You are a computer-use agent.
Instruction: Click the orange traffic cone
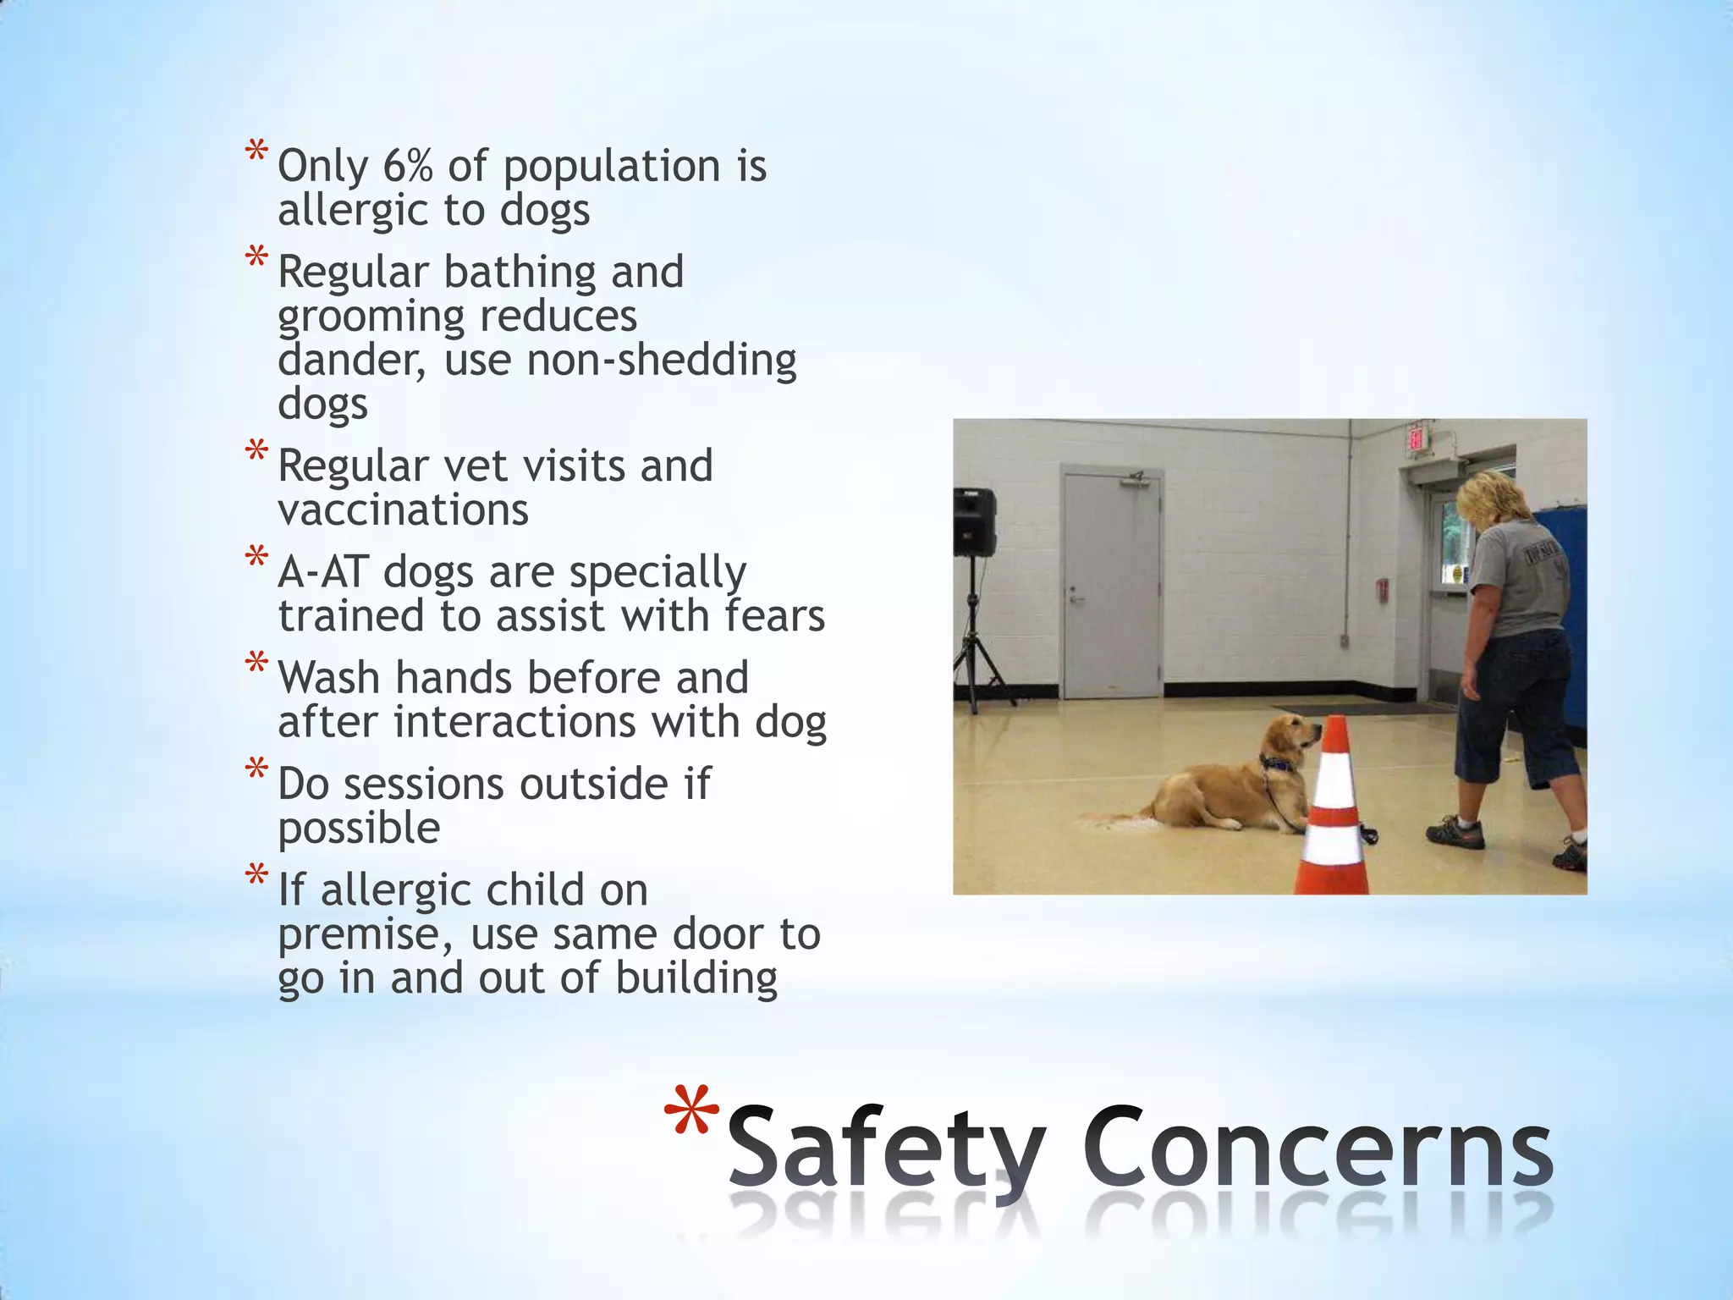(1335, 812)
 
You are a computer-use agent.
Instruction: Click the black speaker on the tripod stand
(975, 521)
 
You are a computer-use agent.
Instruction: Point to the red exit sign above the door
(1416, 439)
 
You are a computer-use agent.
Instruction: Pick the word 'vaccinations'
(403, 510)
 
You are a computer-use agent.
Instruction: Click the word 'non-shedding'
(662, 360)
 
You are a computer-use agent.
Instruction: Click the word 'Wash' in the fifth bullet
(329, 678)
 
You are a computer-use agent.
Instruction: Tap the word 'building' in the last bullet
(696, 978)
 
